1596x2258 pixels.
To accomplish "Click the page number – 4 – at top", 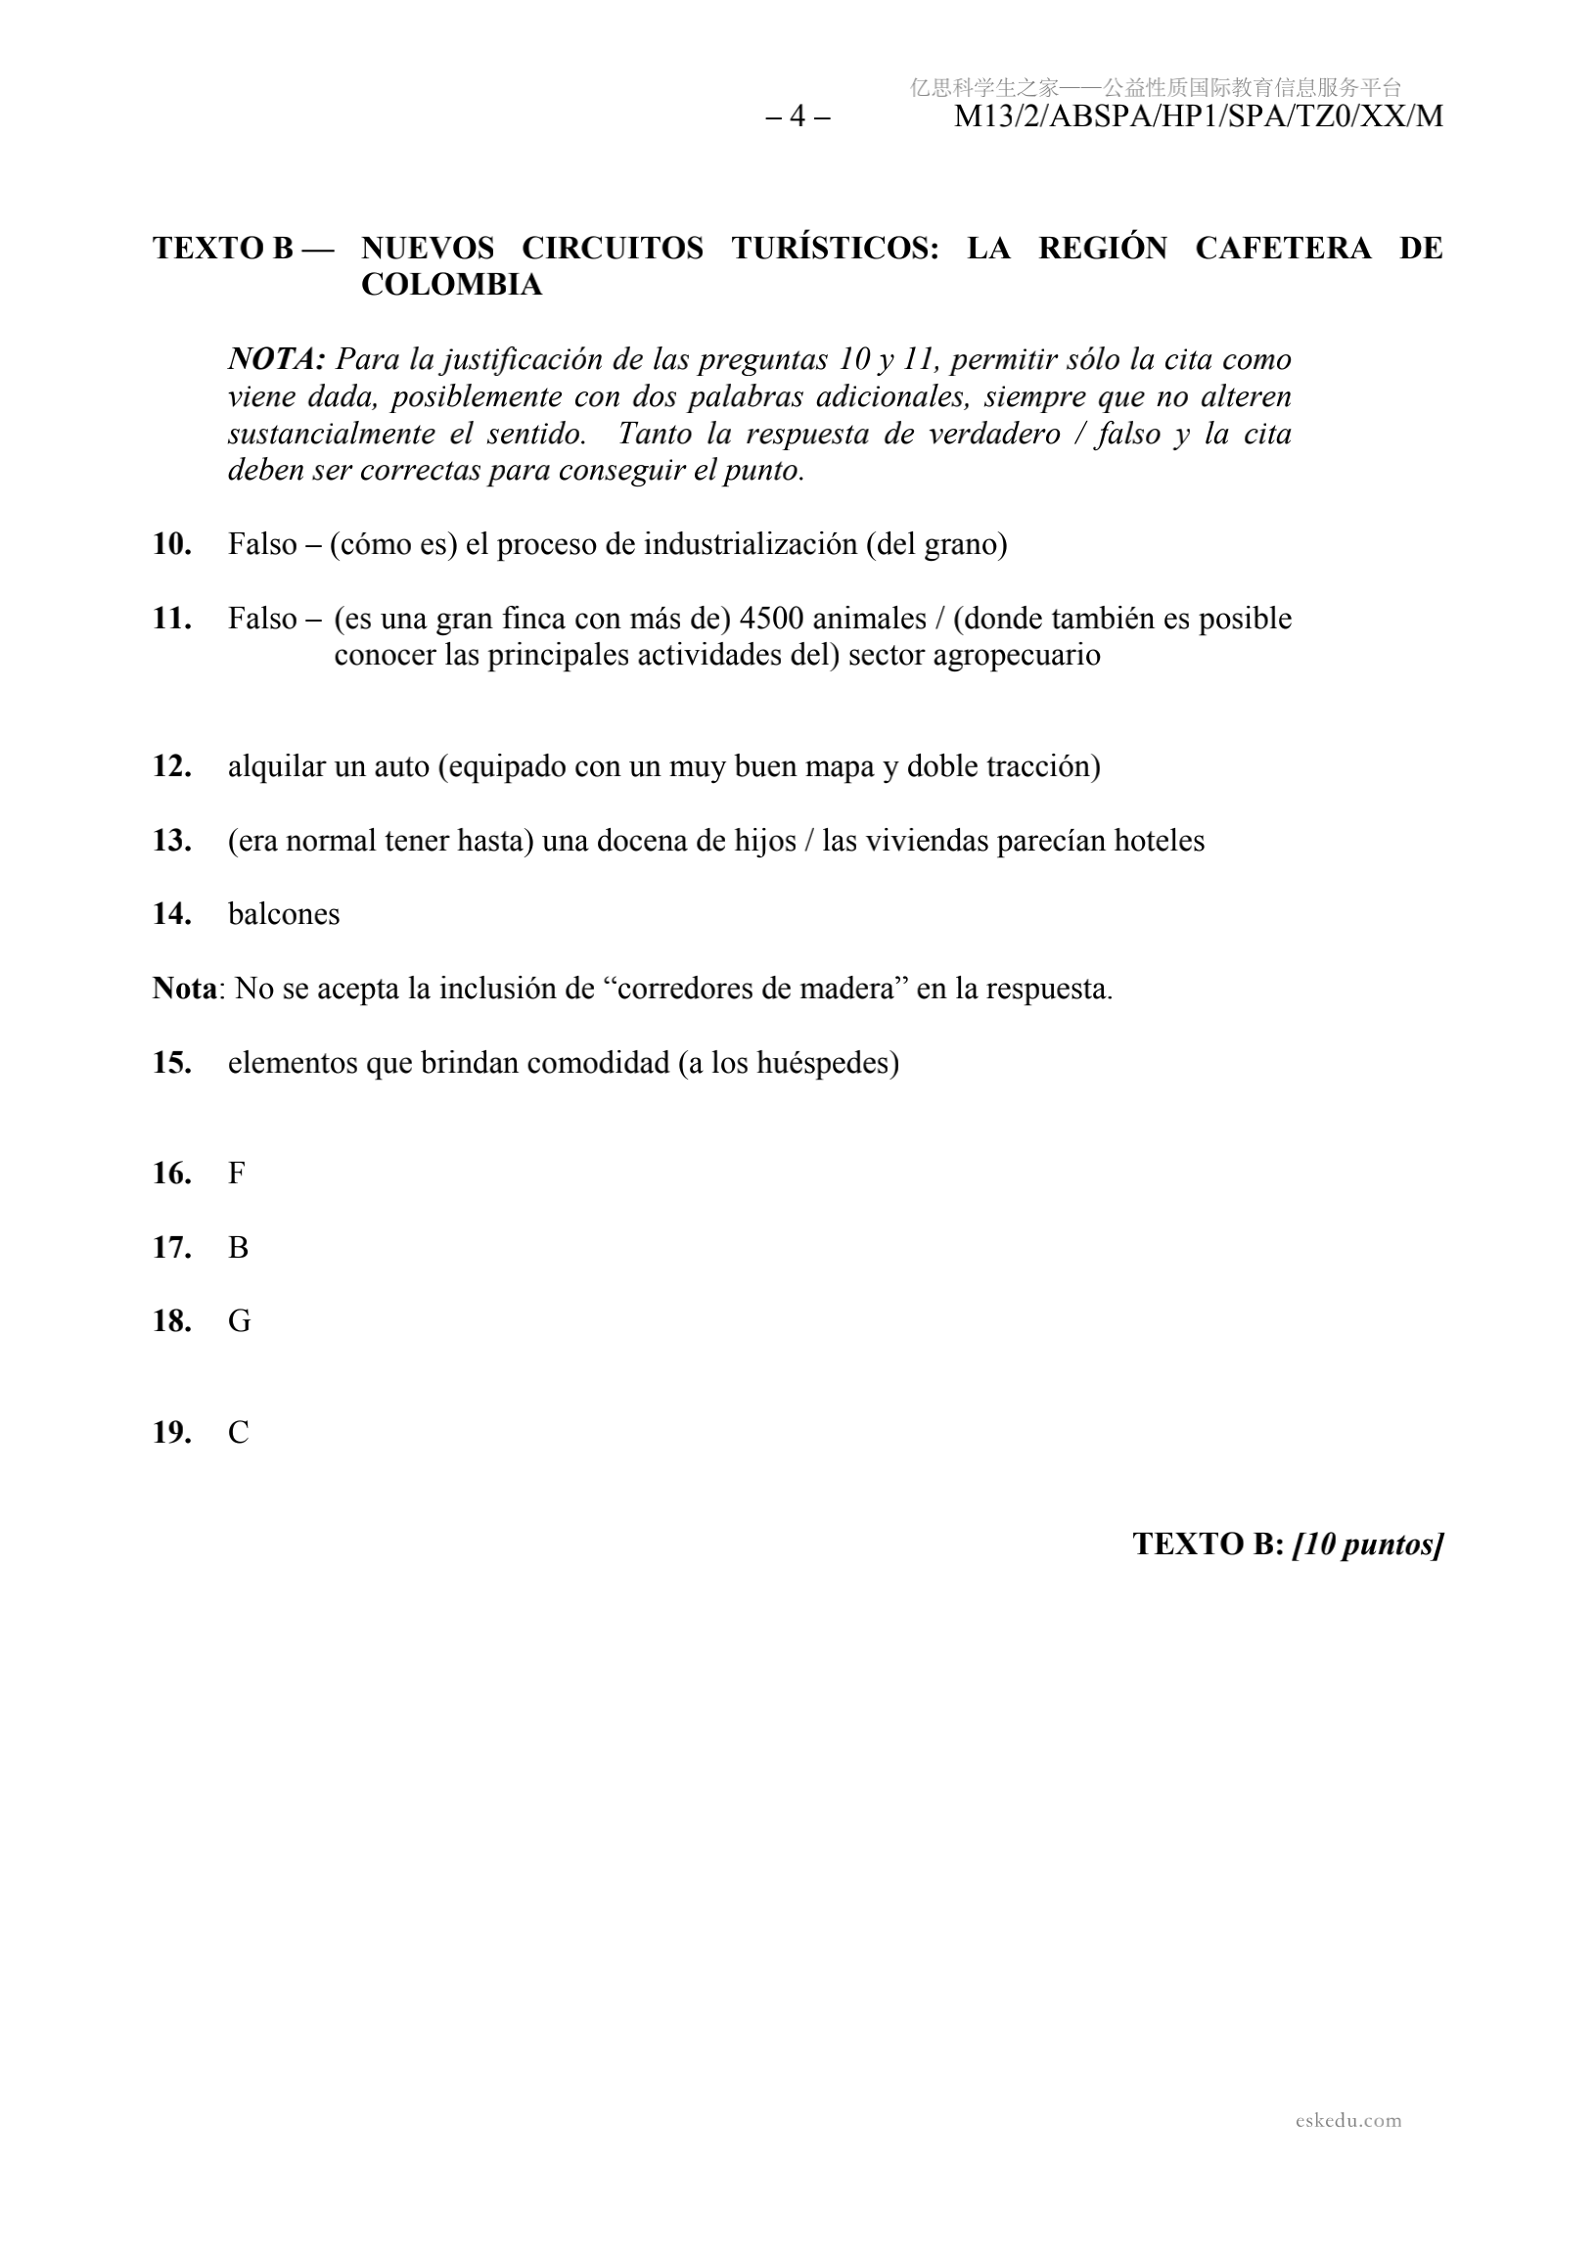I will pyautogui.click(x=798, y=117).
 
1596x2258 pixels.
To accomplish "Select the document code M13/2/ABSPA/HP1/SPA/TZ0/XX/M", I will pyautogui.click(x=1198, y=117).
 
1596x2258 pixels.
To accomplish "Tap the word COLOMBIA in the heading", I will pyautogui.click(x=451, y=285).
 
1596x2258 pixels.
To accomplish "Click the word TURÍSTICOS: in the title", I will pyautogui.click(x=835, y=248).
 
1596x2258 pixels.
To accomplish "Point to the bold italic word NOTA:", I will pyautogui.click(x=276, y=360).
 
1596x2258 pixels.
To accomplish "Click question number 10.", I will pyautogui.click(x=172, y=544).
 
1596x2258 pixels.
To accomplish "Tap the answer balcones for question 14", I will pyautogui.click(x=283, y=914).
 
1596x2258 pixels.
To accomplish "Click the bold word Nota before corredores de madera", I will pyautogui.click(x=184, y=989).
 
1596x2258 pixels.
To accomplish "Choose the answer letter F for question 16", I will pyautogui.click(x=236, y=1174).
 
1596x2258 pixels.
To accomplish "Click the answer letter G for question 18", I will pyautogui.click(x=239, y=1320).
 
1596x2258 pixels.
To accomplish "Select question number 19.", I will pyautogui.click(x=172, y=1433).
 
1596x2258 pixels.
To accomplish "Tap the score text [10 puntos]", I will pyautogui.click(x=1368, y=1544).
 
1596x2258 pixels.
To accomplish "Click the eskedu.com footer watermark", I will pyautogui.click(x=1347, y=2120).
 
